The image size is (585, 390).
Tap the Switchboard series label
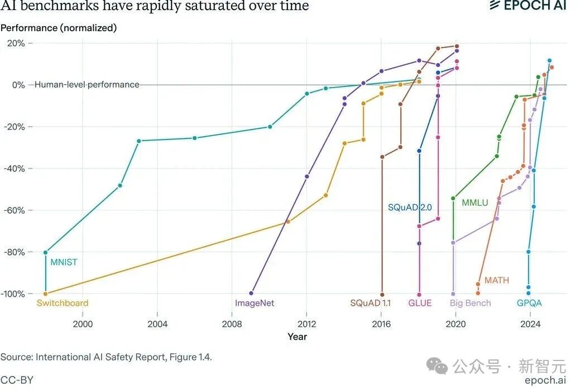pyautogui.click(x=63, y=303)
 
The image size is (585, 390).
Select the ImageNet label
pyautogui.click(x=255, y=303)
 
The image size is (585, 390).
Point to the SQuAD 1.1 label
pyautogui.click(x=370, y=303)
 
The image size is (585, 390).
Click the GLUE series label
pyautogui.click(x=420, y=303)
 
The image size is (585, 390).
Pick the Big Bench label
pyautogui.click(x=471, y=303)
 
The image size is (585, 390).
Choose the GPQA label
pyautogui.click(x=529, y=303)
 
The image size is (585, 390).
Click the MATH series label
pyautogui.click(x=497, y=280)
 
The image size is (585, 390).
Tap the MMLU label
pyautogui.click(x=474, y=203)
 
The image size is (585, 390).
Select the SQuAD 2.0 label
pyautogui.click(x=410, y=208)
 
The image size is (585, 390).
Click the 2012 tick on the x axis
pyautogui.click(x=306, y=324)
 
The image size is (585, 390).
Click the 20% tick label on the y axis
pyautogui.click(x=16, y=43)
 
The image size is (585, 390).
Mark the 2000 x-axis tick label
pyautogui.click(x=83, y=324)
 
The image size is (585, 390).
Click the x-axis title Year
pyautogui.click(x=297, y=336)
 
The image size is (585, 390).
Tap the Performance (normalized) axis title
pyautogui.click(x=59, y=27)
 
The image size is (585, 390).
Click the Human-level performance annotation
pyautogui.click(x=87, y=85)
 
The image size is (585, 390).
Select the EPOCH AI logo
pyautogui.click(x=528, y=6)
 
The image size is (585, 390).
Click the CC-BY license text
pyautogui.click(x=17, y=380)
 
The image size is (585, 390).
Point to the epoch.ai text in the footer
pyautogui.click(x=545, y=379)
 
